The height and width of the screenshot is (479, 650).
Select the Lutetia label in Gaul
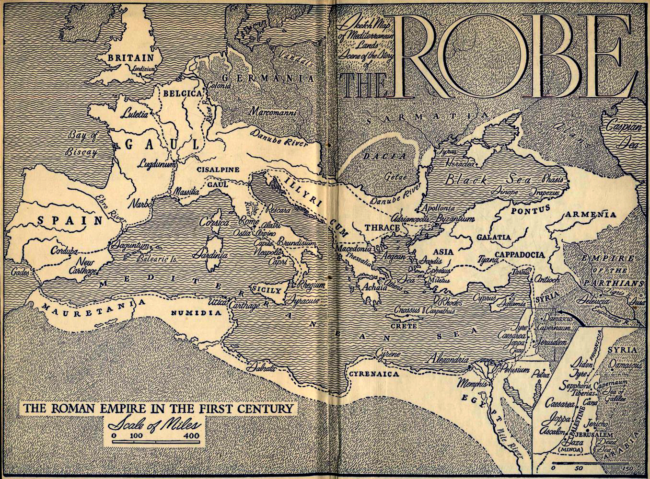(135, 114)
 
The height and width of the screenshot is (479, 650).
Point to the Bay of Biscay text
(82, 144)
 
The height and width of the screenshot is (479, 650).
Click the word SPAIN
(70, 220)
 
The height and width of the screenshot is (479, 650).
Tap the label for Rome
(249, 222)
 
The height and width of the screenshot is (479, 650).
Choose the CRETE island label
(403, 326)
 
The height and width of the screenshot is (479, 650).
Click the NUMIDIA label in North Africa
(197, 313)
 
